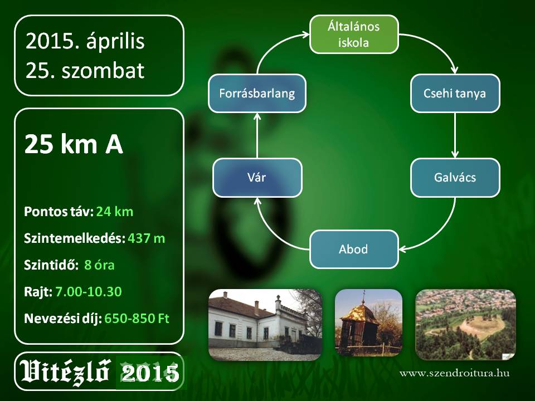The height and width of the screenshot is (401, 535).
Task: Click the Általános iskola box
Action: tap(354, 35)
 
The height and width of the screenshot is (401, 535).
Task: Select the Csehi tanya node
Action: tap(455, 94)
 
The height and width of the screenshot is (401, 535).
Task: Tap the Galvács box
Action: tap(455, 178)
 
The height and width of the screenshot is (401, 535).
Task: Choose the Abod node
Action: tap(354, 250)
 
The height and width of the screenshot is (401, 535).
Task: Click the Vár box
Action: tap(257, 178)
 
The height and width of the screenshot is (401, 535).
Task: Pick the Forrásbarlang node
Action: tap(257, 94)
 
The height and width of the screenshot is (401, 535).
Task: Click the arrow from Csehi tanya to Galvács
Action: tap(455, 135)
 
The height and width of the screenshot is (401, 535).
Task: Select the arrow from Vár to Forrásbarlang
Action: tap(257, 135)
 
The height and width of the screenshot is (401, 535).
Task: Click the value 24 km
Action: tap(115, 212)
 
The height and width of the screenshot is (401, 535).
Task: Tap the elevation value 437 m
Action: tap(147, 238)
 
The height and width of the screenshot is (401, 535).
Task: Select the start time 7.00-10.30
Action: tap(89, 291)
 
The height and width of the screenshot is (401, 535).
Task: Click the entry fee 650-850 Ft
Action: tap(137, 319)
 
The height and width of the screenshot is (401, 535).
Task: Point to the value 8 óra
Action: tap(99, 265)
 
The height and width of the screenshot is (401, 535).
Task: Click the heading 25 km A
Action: tap(74, 144)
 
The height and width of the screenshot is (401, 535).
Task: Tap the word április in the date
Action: tap(116, 42)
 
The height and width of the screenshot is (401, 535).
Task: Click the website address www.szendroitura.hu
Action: tap(455, 373)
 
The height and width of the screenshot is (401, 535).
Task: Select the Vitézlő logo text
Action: tap(65, 371)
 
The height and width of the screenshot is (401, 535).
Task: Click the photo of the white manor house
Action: tap(265, 325)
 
